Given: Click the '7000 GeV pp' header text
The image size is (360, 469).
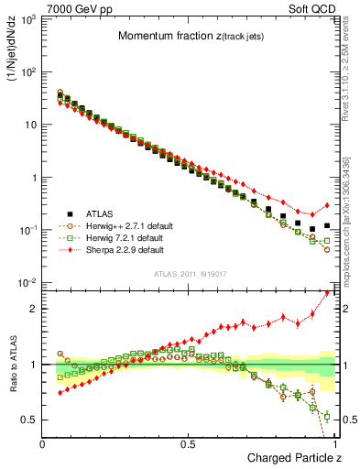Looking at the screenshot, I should tap(71, 7).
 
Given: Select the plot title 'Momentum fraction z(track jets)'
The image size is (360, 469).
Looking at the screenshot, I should tap(190, 36).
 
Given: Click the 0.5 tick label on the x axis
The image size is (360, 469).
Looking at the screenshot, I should tap(189, 443).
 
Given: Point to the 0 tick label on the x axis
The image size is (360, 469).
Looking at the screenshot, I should tap(43, 443).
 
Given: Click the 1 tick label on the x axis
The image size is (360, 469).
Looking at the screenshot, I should tap(334, 443).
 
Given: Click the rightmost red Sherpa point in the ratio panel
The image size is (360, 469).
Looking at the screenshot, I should tap(327, 293).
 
